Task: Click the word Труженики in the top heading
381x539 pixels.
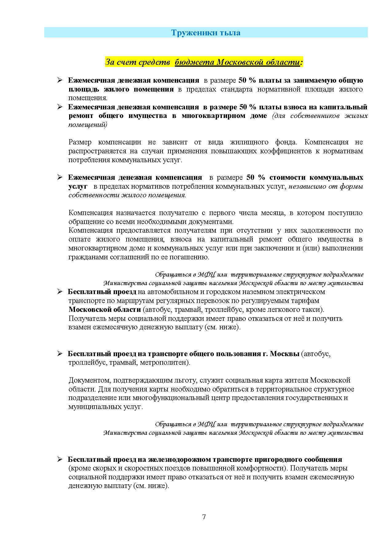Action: pyautogui.click(x=189, y=33)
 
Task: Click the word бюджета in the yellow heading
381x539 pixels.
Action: pyautogui.click(x=194, y=62)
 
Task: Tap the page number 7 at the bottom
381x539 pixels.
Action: pyautogui.click(x=204, y=517)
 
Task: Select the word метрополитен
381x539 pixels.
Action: pyautogui.click(x=164, y=363)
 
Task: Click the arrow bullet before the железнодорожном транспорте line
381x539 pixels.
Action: pyautogui.click(x=60, y=459)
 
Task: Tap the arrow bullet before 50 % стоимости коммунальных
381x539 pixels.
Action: pyautogui.click(x=60, y=177)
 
